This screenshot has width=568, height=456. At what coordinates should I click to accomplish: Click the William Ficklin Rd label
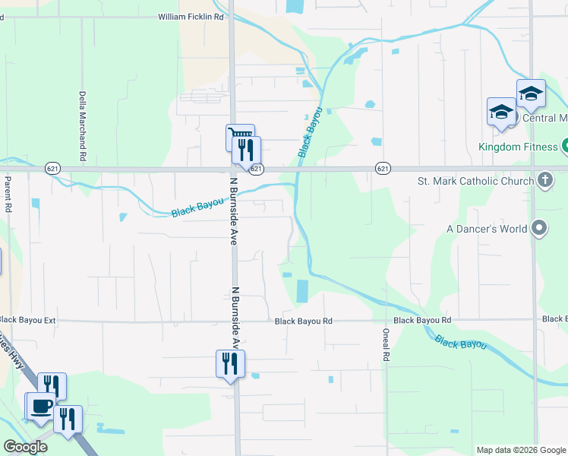click(191, 16)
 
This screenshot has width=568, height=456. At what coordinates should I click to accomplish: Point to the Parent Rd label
click(8, 195)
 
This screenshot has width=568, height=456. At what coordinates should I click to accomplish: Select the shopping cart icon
click(238, 137)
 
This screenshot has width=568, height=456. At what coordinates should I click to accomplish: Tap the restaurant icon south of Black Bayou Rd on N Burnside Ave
click(230, 363)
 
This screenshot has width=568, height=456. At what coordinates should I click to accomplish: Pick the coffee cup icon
click(41, 405)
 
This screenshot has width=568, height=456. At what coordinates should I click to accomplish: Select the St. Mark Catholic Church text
click(475, 181)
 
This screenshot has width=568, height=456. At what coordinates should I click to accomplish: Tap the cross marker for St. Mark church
click(544, 181)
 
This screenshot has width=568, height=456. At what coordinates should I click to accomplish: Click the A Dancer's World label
click(486, 228)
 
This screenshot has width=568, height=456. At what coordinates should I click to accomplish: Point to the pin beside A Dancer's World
click(539, 227)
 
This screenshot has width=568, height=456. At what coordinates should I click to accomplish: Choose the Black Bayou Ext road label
click(28, 321)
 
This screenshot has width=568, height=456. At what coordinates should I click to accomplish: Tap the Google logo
click(25, 447)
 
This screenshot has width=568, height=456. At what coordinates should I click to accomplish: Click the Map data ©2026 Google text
click(520, 450)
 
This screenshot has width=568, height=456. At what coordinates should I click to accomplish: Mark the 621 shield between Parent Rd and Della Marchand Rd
click(52, 168)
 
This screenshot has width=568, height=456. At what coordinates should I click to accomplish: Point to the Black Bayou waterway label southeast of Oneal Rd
click(461, 344)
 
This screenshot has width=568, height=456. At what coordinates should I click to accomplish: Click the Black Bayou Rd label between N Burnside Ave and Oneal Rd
click(304, 321)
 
